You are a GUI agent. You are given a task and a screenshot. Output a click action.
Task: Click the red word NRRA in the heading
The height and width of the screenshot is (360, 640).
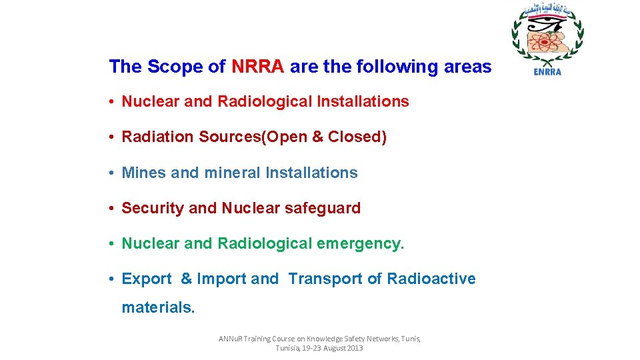pyautogui.click(x=258, y=67)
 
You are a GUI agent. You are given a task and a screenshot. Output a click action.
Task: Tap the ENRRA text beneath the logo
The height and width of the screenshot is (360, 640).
pyautogui.click(x=547, y=72)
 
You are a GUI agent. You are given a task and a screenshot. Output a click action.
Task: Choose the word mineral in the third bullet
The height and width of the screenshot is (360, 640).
pyautogui.click(x=233, y=173)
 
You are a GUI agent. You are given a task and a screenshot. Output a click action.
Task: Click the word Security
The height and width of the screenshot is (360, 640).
pyautogui.click(x=153, y=208)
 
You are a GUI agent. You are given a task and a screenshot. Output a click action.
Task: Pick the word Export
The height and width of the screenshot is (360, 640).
pyautogui.click(x=147, y=279)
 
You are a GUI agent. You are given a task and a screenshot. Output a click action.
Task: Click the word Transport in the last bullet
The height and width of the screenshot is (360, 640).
pyautogui.click(x=325, y=279)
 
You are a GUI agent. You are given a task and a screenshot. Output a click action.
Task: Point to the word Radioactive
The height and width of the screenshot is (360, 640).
pyautogui.click(x=431, y=279)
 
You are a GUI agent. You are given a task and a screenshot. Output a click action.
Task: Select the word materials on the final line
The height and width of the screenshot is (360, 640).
pyautogui.click(x=158, y=307)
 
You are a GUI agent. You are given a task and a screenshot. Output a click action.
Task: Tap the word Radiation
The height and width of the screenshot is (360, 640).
pyautogui.click(x=154, y=137)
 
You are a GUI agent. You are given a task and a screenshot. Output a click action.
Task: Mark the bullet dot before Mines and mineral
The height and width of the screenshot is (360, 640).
pyautogui.click(x=114, y=173)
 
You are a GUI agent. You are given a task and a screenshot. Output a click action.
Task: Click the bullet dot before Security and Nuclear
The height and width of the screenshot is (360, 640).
pyautogui.click(x=114, y=209)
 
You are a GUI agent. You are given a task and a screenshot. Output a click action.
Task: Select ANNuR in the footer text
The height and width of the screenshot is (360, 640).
pyautogui.click(x=232, y=339)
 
